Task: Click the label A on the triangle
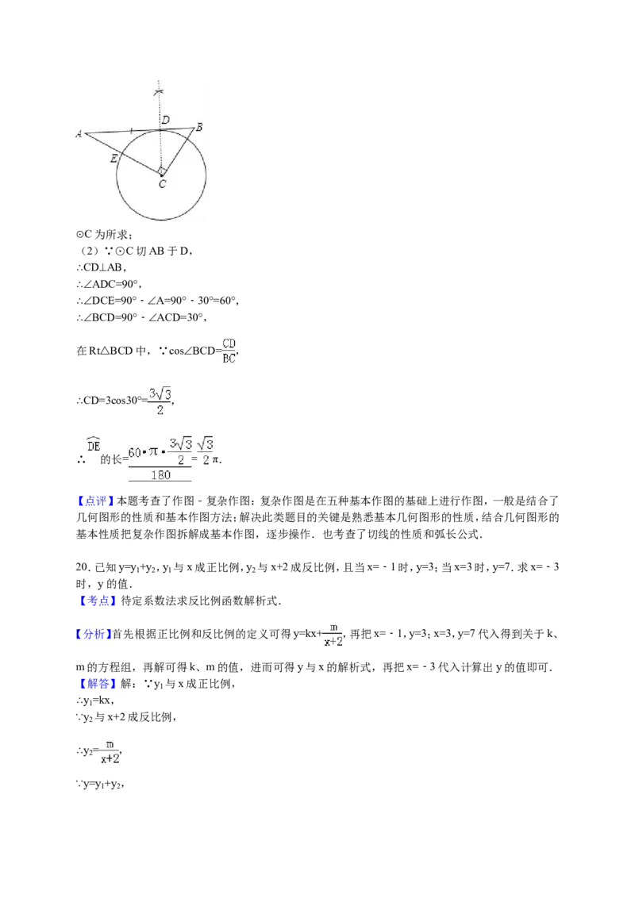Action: [x=79, y=134]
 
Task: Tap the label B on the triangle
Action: [x=199, y=127]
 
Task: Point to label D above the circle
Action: [x=166, y=120]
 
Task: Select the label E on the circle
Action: [x=114, y=158]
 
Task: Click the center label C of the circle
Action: [x=162, y=184]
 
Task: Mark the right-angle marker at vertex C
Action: [x=162, y=171]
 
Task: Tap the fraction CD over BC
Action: [x=229, y=351]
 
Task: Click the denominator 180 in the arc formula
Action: [x=160, y=474]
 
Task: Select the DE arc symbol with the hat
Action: [x=94, y=444]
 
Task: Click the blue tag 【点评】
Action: [x=95, y=501]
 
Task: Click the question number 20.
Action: [x=83, y=567]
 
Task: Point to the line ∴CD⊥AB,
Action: [x=101, y=267]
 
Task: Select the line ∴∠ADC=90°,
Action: [x=108, y=284]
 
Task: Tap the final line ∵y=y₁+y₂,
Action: [x=100, y=785]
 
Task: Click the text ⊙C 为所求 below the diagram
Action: [x=104, y=235]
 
